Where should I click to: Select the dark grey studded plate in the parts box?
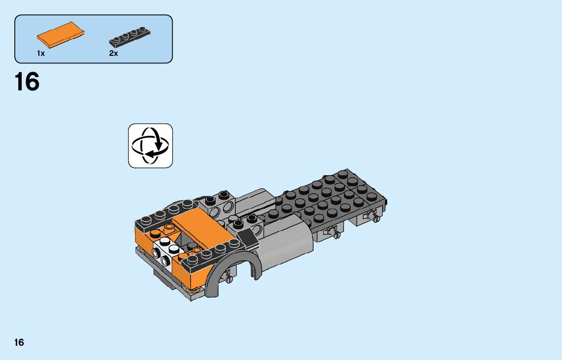pos(130,37)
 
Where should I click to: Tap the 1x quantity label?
pos(41,53)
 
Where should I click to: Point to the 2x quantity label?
pos(114,53)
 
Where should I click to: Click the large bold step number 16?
pos(27,82)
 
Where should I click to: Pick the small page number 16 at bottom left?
pos(19,342)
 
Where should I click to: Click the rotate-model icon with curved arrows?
pos(150,146)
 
